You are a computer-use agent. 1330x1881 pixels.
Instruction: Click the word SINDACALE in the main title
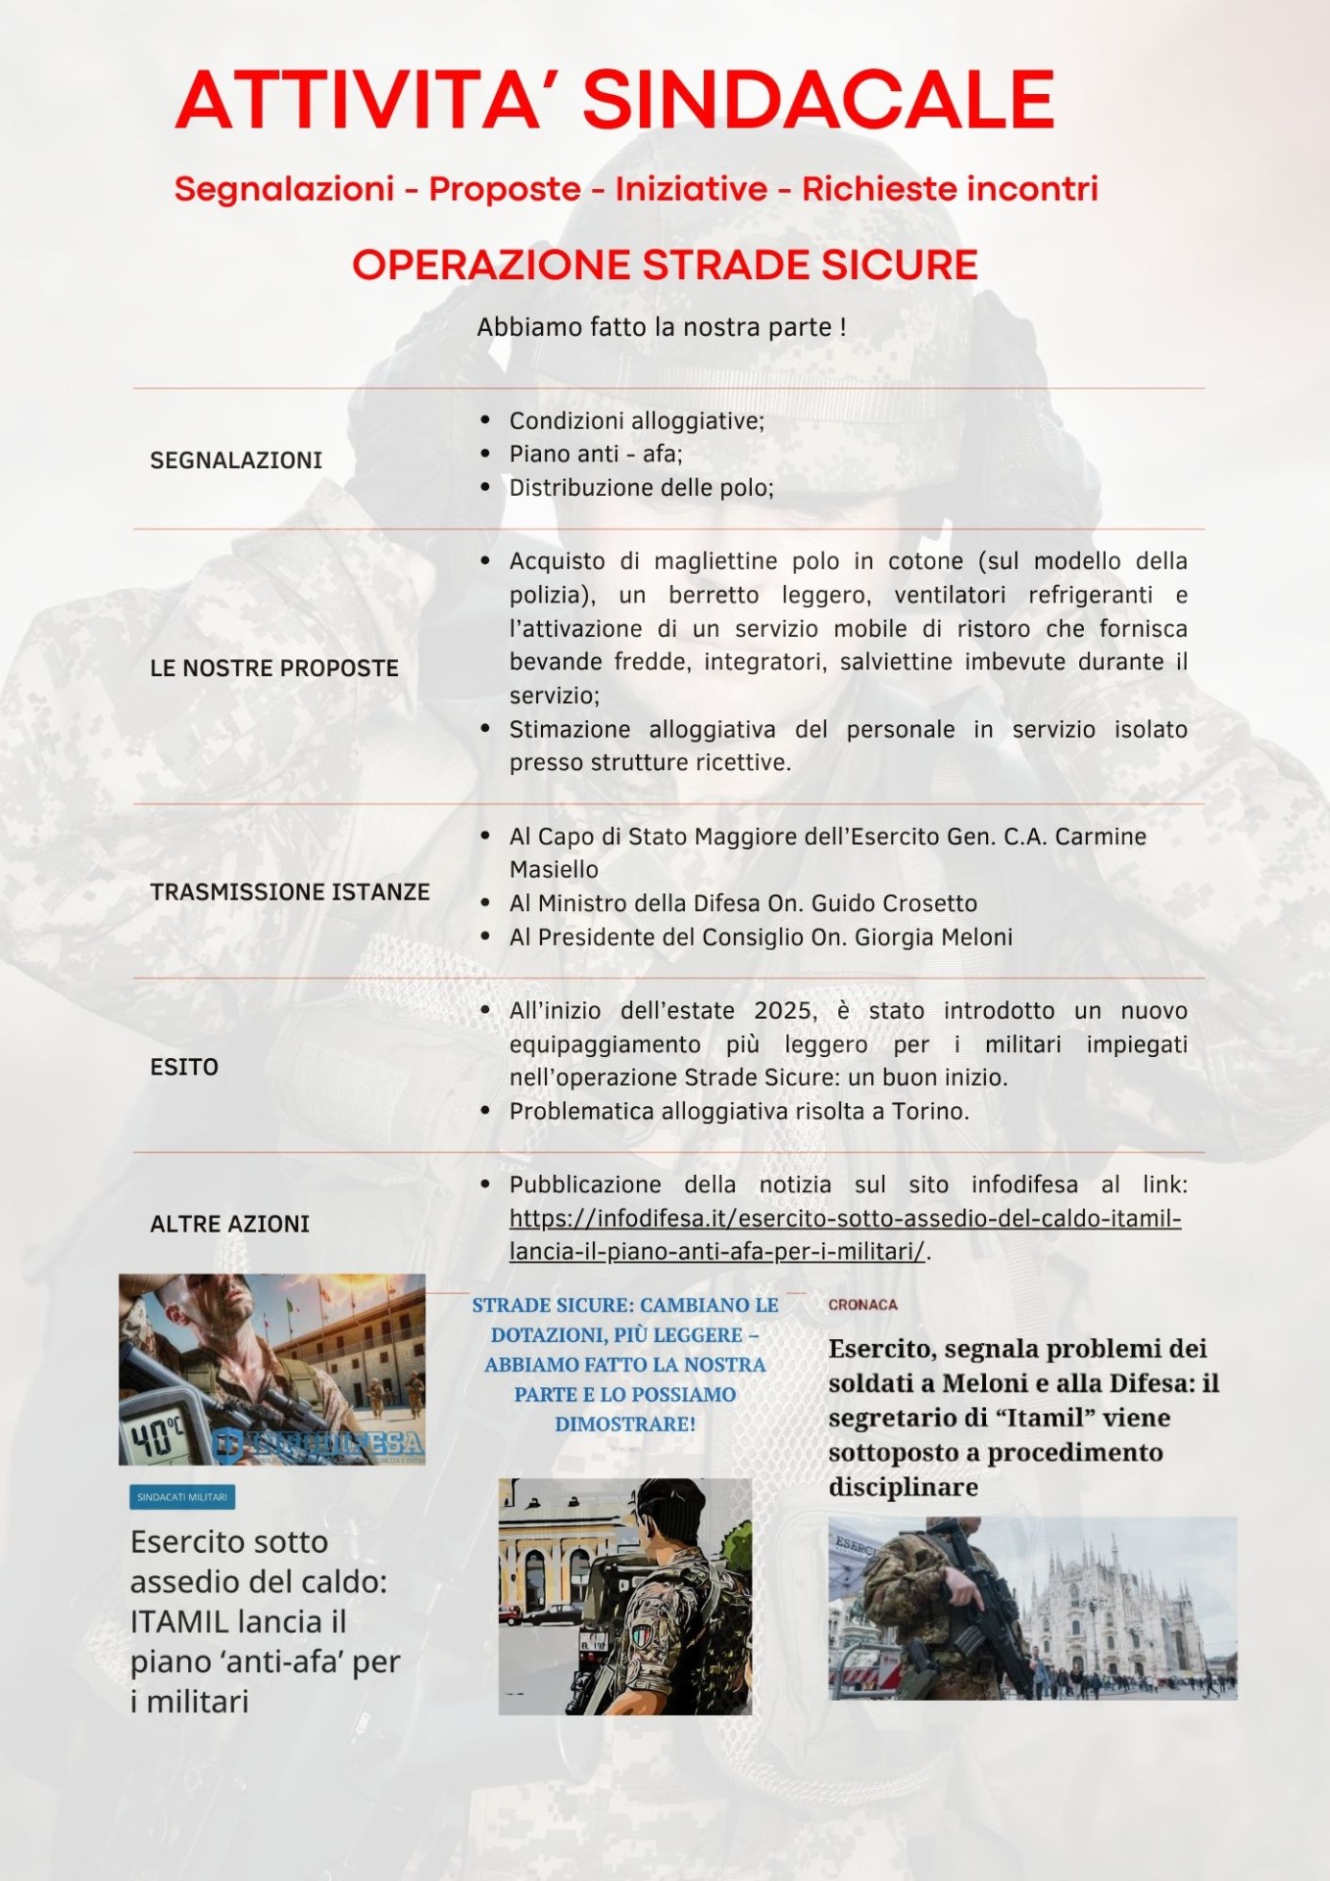pyautogui.click(x=818, y=100)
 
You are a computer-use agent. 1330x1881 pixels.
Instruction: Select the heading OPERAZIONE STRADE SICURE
pyautogui.click(x=665, y=265)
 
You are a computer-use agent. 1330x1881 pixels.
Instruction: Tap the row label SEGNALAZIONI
pyautogui.click(x=235, y=459)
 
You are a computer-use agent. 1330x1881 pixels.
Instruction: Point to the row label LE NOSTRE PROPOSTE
pyautogui.click(x=273, y=668)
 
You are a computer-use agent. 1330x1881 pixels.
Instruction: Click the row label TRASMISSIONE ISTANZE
pyautogui.click(x=289, y=892)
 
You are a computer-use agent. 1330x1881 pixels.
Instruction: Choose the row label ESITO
pyautogui.click(x=184, y=1067)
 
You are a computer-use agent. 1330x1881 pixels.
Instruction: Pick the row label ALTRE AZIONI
pyautogui.click(x=229, y=1224)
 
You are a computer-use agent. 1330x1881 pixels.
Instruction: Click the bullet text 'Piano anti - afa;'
pyautogui.click(x=595, y=454)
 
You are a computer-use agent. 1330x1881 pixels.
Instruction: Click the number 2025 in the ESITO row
pyautogui.click(x=784, y=1011)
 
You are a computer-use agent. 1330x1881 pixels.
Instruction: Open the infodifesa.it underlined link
pyautogui.click(x=844, y=1219)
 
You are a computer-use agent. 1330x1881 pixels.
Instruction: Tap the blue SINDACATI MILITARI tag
pyautogui.click(x=182, y=1497)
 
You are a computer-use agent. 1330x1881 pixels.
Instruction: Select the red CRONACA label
pyautogui.click(x=862, y=1305)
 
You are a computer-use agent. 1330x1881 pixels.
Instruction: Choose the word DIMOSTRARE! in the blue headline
pyautogui.click(x=624, y=1423)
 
